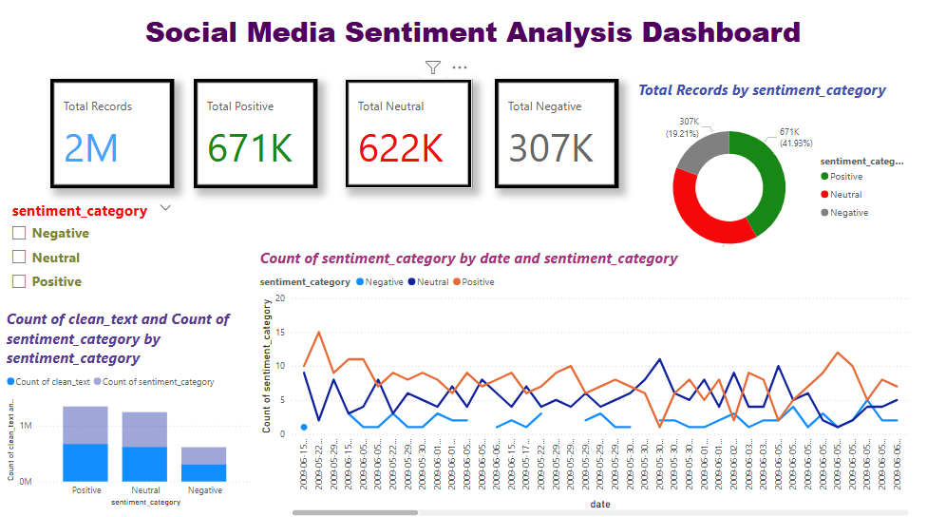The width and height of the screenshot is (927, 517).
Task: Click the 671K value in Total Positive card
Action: coord(251,148)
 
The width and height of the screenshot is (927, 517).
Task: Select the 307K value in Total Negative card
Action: coord(551,148)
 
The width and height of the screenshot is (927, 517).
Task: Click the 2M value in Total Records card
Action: coord(91,148)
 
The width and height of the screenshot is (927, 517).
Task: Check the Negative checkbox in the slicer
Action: coord(18,233)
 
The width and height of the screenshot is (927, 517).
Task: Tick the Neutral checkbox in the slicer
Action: coord(18,257)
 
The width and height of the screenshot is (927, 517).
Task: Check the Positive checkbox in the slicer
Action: coord(18,281)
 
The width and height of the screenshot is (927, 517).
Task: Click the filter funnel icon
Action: coord(433,67)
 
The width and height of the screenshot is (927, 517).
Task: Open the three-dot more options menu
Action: coord(460,67)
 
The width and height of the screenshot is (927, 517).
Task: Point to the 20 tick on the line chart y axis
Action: coord(280,297)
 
